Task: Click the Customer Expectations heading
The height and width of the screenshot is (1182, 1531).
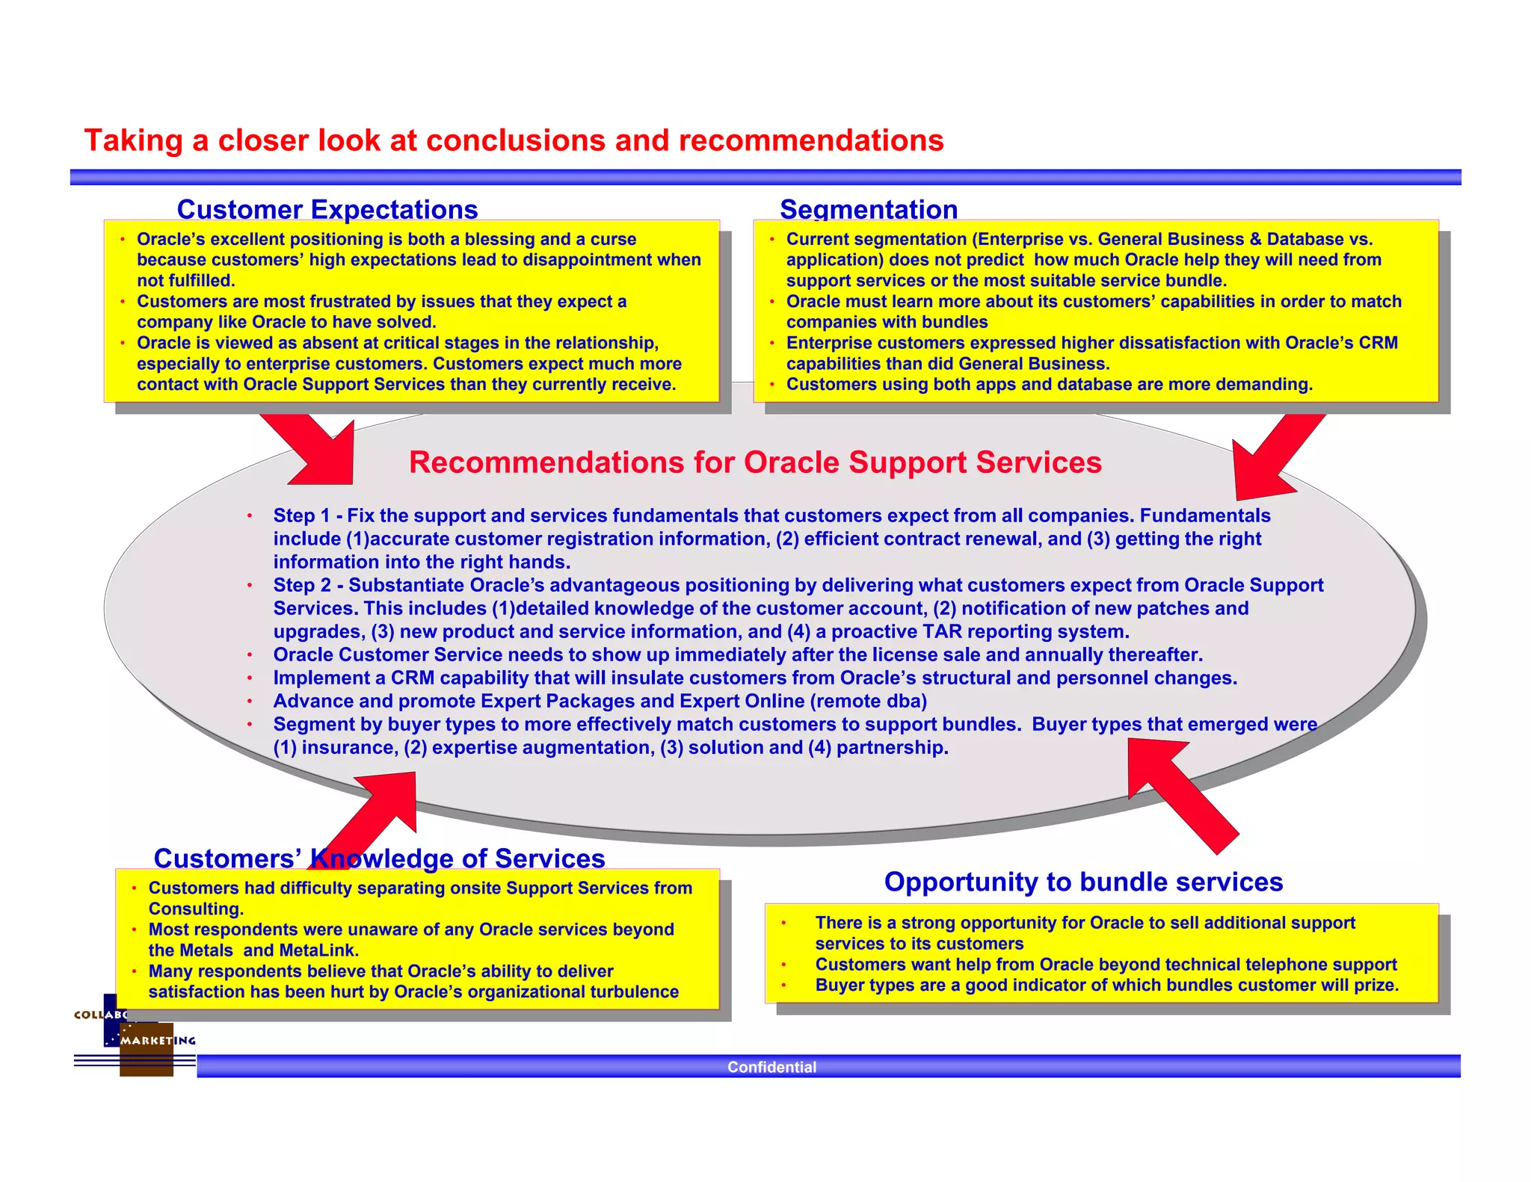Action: point(327,209)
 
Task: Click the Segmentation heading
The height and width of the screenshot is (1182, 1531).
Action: point(868,209)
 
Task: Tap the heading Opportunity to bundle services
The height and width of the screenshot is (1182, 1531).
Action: point(1082,882)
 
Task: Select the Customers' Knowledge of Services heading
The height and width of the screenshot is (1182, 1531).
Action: point(379,858)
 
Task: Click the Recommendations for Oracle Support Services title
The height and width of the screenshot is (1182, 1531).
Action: point(755,462)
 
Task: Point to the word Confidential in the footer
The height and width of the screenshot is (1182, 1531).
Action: point(771,1067)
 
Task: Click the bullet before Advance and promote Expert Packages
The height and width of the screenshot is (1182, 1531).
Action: point(250,702)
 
